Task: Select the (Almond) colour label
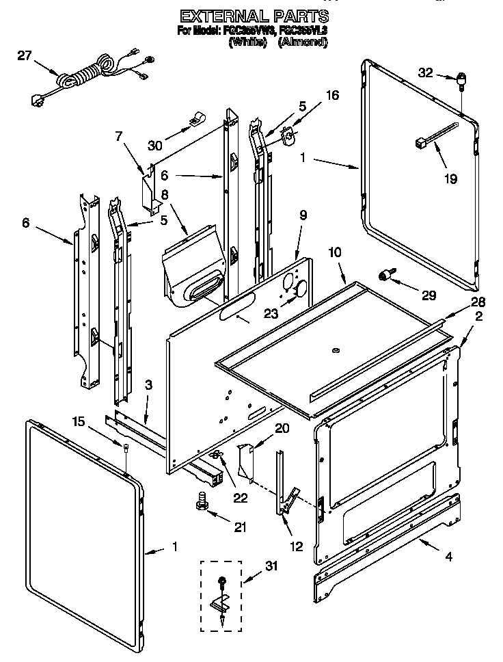(x=302, y=42)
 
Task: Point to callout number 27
(x=25, y=56)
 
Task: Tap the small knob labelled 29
(x=388, y=275)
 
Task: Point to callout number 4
(x=448, y=557)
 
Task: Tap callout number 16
(x=331, y=95)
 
